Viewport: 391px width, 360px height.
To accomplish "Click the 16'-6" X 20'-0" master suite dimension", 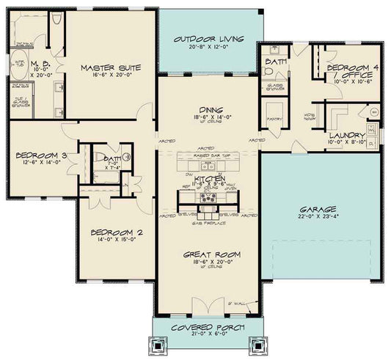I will click(x=112, y=75).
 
